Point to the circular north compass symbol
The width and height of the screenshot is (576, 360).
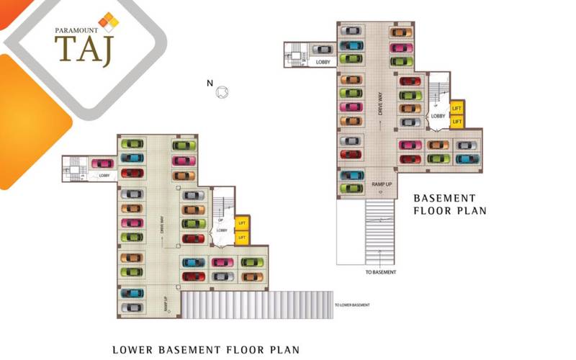pyautogui.click(x=223, y=91)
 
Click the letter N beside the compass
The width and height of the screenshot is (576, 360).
pyautogui.click(x=210, y=84)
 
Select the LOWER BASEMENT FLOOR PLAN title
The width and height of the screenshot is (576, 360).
pyautogui.click(x=206, y=350)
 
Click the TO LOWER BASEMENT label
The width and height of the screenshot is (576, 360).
pyautogui.click(x=352, y=305)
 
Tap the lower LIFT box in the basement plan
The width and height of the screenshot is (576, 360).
pyautogui.click(x=456, y=122)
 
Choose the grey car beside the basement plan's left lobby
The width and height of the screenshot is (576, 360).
pyautogui.click(x=324, y=50)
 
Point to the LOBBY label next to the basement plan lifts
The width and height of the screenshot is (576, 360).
pyautogui.click(x=437, y=116)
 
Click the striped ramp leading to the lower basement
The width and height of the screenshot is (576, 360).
pyautogui.click(x=256, y=305)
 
